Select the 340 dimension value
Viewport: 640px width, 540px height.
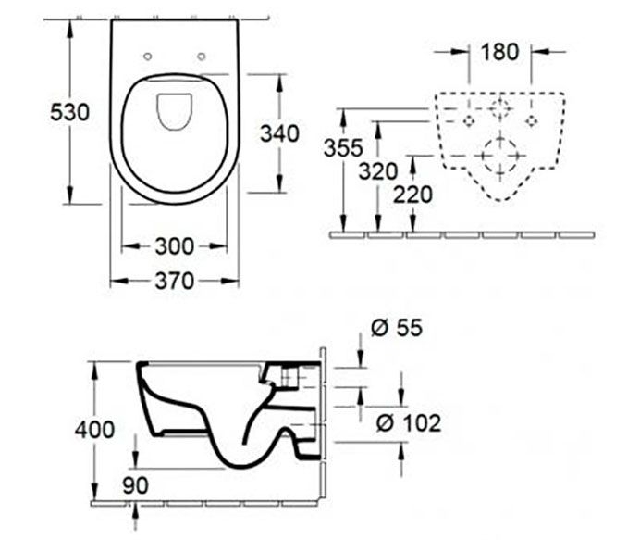[x=279, y=132]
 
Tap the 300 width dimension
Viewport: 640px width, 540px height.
[x=175, y=245]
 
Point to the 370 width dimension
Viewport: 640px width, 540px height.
[x=175, y=281]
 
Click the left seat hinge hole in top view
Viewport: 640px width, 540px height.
[x=149, y=57]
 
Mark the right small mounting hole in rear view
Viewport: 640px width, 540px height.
[x=531, y=120]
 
